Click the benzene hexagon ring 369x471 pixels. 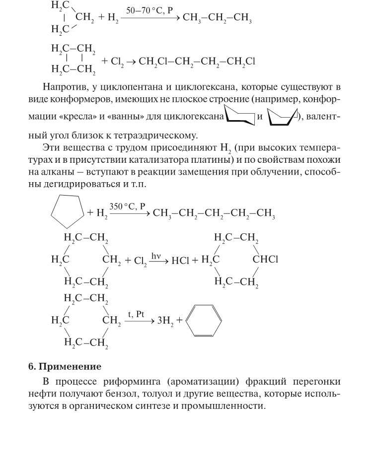(x=204, y=321)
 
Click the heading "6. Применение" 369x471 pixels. (x=65, y=367)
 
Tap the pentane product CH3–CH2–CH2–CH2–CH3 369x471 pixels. (x=214, y=214)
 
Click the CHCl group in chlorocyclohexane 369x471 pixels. (x=266, y=259)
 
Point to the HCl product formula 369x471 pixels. (x=181, y=260)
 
